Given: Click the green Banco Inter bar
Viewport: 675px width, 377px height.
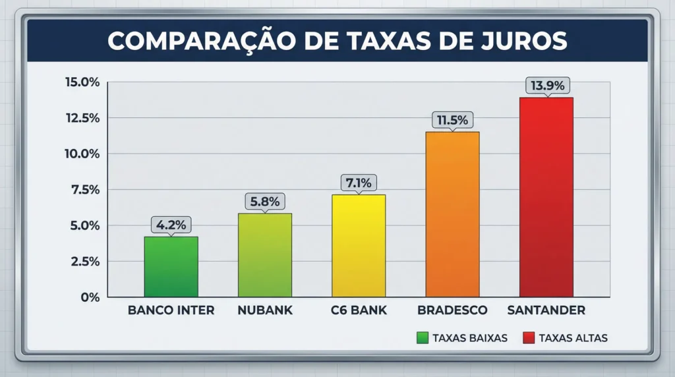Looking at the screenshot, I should point(171,266).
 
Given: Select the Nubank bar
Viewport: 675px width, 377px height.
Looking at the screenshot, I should point(264,254).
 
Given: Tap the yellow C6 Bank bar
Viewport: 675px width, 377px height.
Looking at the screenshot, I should point(358,245).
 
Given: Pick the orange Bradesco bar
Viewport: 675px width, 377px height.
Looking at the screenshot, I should point(452,214).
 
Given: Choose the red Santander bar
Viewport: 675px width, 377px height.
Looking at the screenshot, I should point(546,197).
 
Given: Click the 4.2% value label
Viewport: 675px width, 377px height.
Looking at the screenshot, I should point(171,225).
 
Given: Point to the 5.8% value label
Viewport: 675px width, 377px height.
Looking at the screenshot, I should point(264,201).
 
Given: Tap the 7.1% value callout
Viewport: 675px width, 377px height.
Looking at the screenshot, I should point(358,183).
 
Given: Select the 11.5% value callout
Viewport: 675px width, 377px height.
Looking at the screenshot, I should point(452,120).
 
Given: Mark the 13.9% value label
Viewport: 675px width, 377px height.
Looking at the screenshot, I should point(546,86).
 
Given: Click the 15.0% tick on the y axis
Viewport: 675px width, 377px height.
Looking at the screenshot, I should point(82,82).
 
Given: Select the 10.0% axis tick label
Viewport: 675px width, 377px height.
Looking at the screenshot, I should point(82,154).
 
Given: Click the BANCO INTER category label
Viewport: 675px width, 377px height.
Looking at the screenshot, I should point(171,310).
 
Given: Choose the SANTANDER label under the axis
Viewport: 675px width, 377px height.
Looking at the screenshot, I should point(546,310).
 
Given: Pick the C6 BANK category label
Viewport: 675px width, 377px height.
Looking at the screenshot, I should point(359,310).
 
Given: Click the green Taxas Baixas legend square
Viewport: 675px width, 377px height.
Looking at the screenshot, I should point(423,338).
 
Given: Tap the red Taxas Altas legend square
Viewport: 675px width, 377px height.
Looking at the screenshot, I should point(528,338).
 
